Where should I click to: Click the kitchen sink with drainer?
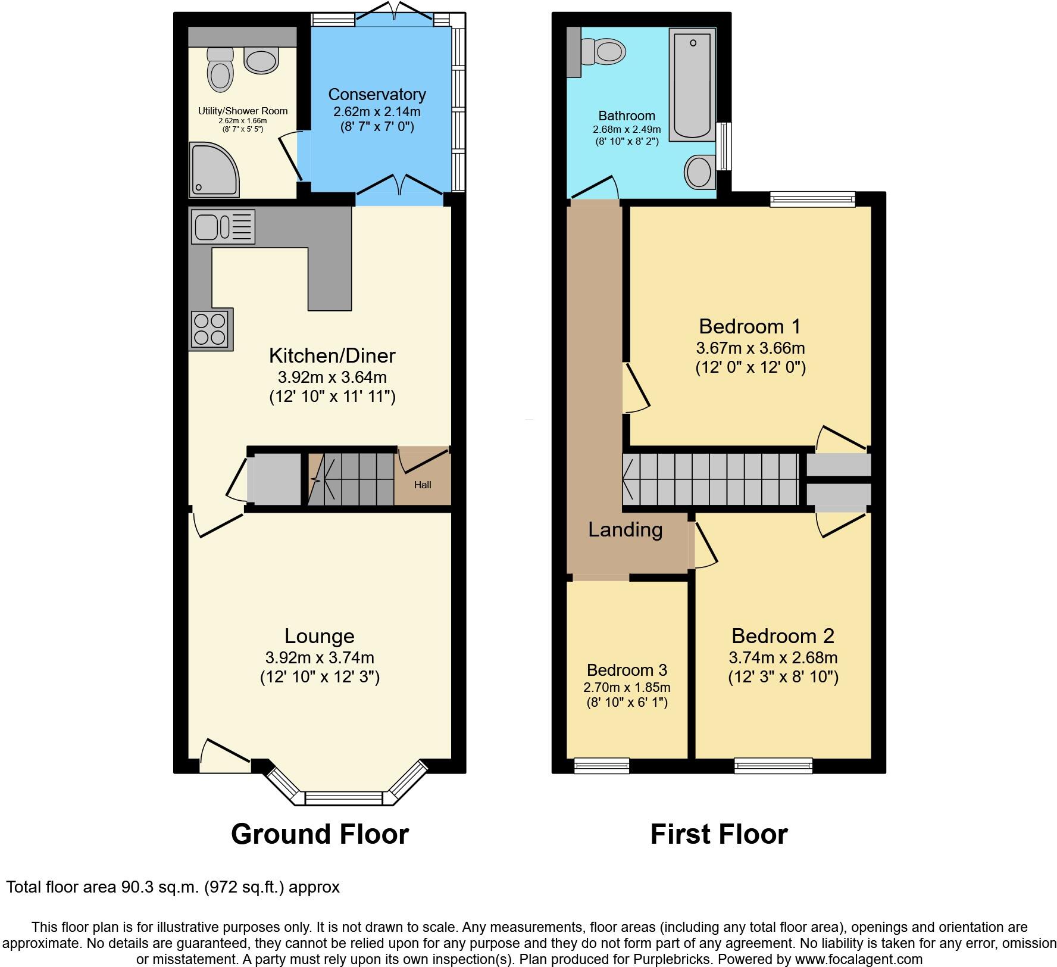[223, 226]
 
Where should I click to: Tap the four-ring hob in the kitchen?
[211, 329]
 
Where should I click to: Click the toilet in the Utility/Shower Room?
[220, 70]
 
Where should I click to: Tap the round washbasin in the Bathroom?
[700, 172]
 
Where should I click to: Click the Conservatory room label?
[377, 95]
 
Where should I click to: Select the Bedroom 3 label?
[627, 670]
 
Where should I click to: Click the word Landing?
[625, 529]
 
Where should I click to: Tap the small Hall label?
[423, 485]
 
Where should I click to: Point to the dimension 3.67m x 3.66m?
[750, 348]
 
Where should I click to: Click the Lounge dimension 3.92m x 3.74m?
[320, 657]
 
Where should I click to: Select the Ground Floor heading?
[320, 834]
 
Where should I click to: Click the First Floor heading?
[718, 834]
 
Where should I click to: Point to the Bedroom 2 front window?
[773, 765]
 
